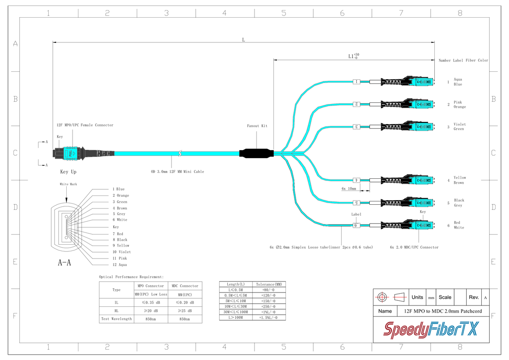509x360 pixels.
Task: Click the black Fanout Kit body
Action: [x=256, y=154]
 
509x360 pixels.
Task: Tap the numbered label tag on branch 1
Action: [x=356, y=82]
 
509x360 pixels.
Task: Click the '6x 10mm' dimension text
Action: [x=348, y=189]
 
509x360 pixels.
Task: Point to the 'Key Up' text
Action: [x=68, y=172]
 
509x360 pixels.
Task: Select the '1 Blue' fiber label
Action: [x=118, y=189]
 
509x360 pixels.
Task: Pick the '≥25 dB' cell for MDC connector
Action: [x=184, y=311]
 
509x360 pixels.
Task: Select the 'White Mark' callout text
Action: [x=68, y=184]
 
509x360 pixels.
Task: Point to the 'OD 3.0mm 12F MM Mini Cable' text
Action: [x=177, y=172]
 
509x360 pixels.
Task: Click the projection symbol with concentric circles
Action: [x=382, y=297]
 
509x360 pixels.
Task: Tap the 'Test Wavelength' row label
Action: [x=116, y=319]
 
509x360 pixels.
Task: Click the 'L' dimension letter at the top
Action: [x=243, y=39]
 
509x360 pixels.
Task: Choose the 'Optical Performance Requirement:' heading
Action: [x=131, y=277]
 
